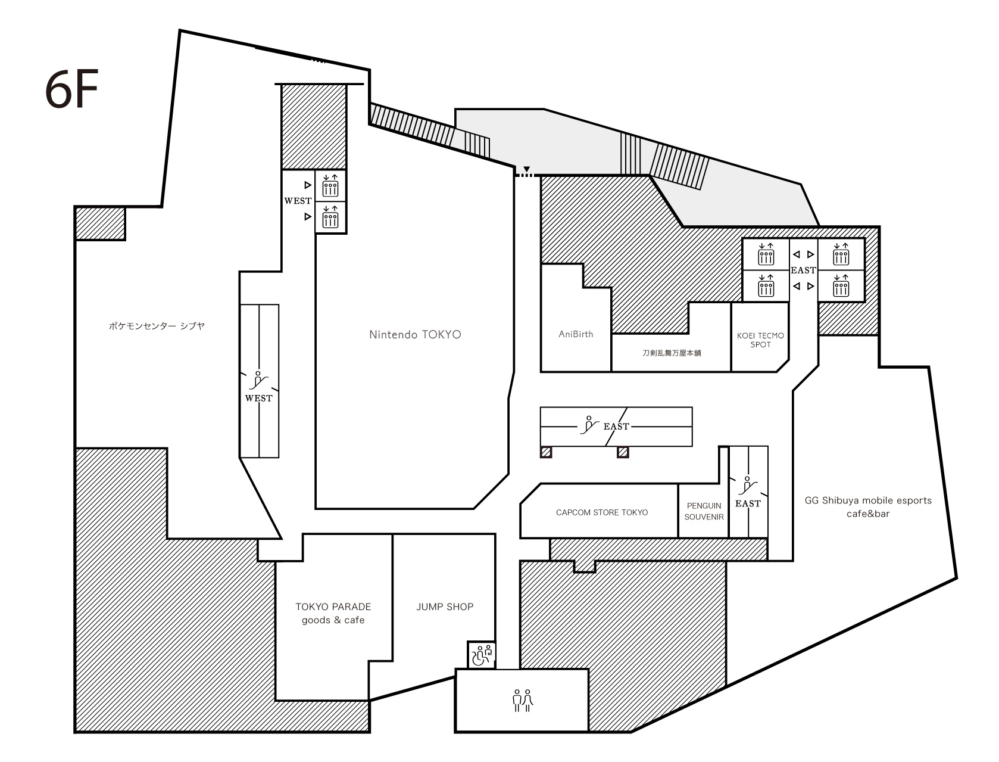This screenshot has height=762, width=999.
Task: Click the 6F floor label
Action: coord(71,89)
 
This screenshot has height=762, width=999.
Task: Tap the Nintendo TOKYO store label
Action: coord(414,335)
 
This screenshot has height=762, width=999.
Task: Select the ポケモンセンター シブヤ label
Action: coord(157,326)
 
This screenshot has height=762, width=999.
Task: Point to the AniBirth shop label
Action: coord(576,334)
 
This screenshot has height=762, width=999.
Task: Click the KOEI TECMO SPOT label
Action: coord(760,340)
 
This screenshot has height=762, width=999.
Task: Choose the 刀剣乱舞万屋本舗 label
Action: coord(672,353)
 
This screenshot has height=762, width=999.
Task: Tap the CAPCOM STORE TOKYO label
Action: coord(602,512)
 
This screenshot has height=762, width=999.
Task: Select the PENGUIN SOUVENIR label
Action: coord(704,511)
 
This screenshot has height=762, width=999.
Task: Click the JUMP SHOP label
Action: coord(445,607)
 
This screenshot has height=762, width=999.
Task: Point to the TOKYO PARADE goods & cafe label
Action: coord(333,613)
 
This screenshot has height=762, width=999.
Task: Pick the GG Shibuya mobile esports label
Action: coord(868,500)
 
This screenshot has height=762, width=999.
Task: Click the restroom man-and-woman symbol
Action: coord(523,700)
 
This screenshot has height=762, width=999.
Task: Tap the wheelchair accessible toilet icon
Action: coord(482,655)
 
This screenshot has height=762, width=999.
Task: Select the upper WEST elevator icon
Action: coord(330,185)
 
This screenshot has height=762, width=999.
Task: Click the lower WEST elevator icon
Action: coord(330,217)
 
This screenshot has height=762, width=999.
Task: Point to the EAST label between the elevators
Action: coord(803,270)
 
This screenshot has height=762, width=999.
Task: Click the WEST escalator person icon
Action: coord(258,380)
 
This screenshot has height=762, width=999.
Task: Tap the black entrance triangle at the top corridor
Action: coord(526,169)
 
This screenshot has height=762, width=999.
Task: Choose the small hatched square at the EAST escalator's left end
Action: coord(546,452)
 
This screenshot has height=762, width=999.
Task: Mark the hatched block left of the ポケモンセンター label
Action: coord(100,223)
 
